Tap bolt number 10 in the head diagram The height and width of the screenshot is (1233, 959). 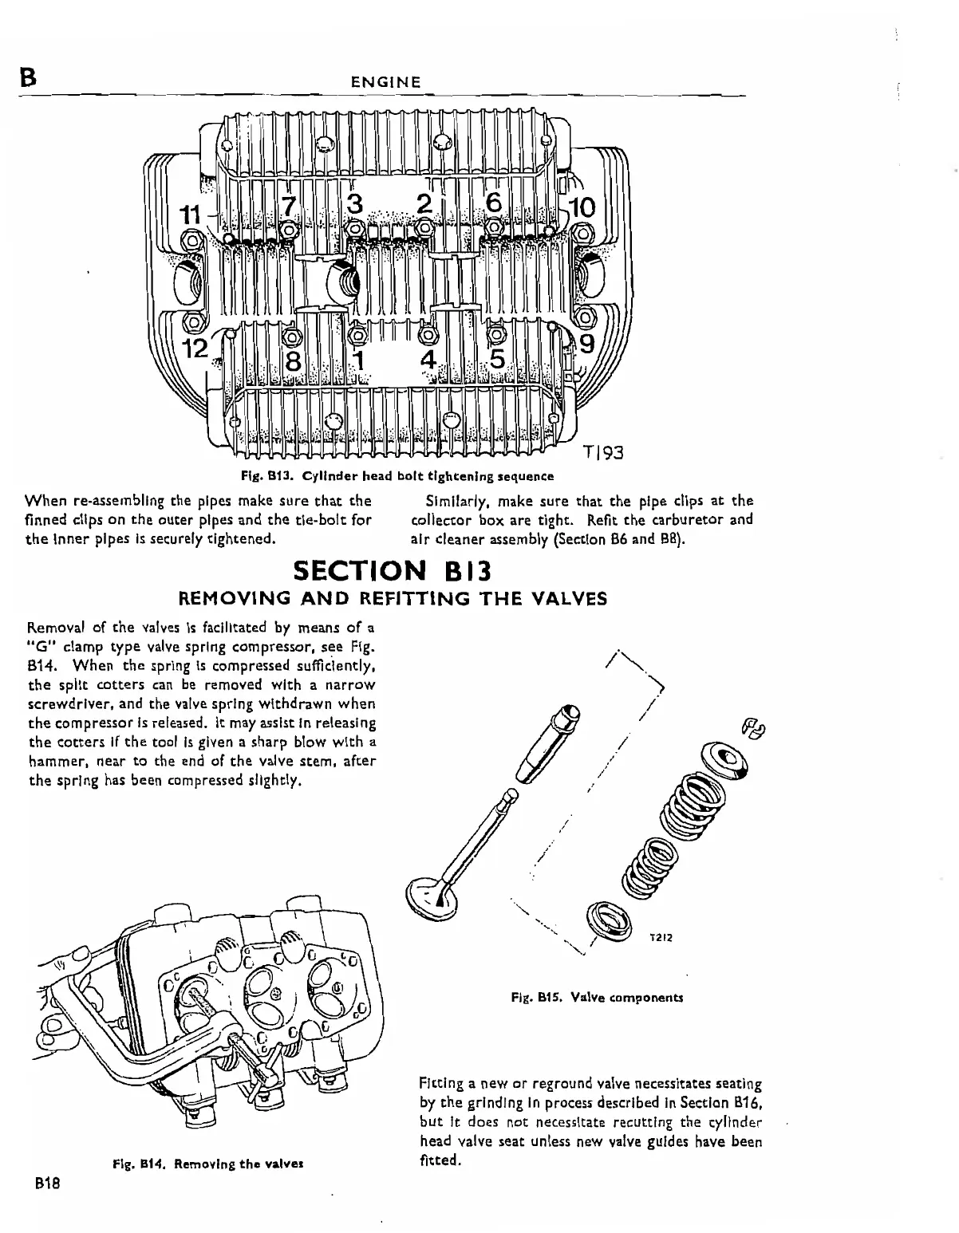[582, 207]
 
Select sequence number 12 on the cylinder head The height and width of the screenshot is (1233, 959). [195, 348]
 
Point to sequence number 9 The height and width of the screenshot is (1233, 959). [586, 345]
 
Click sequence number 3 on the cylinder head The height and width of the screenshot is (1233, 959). [354, 204]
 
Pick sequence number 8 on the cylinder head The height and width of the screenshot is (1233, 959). [293, 360]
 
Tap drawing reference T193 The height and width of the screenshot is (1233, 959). [602, 454]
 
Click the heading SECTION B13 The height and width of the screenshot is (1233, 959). [391, 572]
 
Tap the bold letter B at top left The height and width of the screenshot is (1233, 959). [28, 77]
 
